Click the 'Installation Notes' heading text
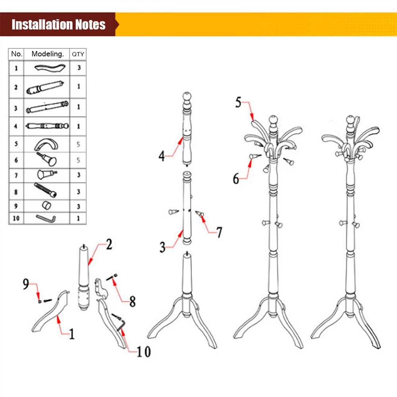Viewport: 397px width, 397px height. coord(58,25)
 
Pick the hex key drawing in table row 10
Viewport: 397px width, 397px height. coord(46,218)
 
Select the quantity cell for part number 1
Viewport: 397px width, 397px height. coord(79,68)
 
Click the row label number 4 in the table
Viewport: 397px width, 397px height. coord(16,126)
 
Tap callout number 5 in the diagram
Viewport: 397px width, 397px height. coord(238,102)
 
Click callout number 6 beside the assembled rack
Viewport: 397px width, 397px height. coord(236,179)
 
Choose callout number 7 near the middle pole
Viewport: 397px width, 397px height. coord(219,233)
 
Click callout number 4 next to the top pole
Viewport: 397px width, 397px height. coord(162,156)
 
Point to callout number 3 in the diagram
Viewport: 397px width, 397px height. coord(162,247)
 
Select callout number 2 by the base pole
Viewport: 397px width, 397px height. coord(108,244)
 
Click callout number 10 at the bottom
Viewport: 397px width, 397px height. coord(143,351)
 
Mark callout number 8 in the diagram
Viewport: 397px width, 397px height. coord(132,301)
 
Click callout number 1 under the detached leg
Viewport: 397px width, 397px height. coord(72,334)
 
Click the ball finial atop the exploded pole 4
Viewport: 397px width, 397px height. coord(187,96)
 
